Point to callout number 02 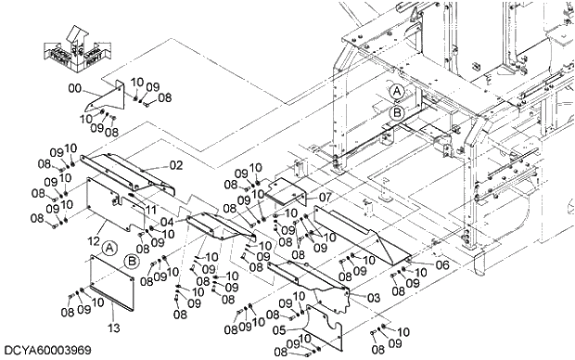coord(175,166)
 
